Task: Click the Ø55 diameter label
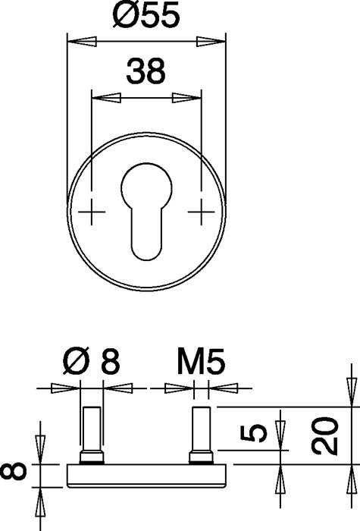[146, 16]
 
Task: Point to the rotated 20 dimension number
[325, 435]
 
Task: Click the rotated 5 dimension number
[254, 433]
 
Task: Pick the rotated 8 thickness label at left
[14, 471]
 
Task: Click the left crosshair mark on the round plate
[92, 212]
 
